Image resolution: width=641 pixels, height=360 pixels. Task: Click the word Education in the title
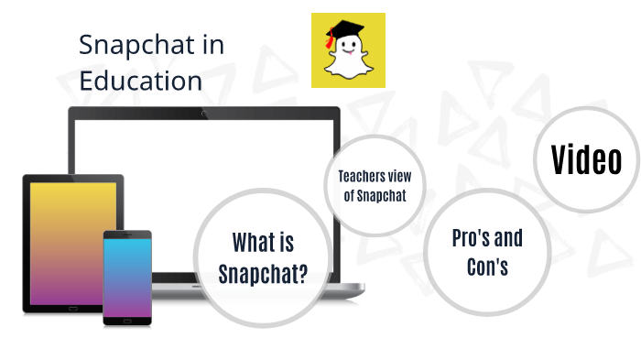[140, 81]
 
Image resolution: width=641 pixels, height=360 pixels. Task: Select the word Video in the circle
[586, 160]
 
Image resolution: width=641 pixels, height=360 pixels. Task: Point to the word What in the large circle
[251, 243]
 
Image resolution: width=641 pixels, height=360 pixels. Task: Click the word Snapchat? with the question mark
[263, 273]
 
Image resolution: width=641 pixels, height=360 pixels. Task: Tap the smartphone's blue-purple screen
[127, 275]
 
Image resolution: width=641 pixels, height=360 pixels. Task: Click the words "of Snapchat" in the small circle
[374, 194]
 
